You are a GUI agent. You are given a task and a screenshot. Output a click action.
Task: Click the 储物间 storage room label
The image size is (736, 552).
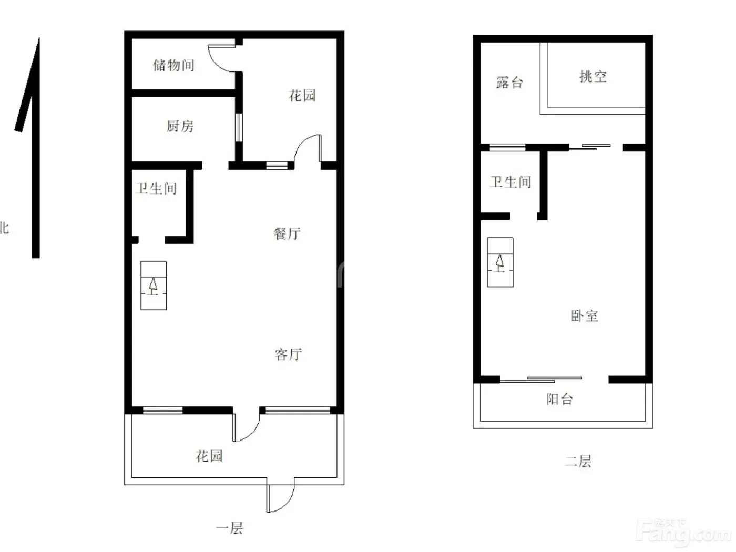pyautogui.click(x=173, y=65)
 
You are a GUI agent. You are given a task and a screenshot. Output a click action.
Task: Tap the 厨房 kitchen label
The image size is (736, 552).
pyautogui.click(x=180, y=126)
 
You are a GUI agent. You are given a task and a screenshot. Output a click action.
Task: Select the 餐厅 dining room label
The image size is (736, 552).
pyautogui.click(x=287, y=233)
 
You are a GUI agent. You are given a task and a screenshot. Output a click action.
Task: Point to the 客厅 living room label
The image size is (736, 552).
pyautogui.click(x=288, y=354)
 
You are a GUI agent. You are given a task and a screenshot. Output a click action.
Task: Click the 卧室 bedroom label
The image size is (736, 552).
pyautogui.click(x=585, y=316)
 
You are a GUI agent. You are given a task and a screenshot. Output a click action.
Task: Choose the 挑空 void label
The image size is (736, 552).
pyautogui.click(x=593, y=77)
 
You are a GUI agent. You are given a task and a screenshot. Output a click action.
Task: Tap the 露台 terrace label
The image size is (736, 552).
pyautogui.click(x=509, y=83)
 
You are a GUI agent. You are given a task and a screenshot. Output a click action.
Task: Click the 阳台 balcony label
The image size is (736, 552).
pyautogui.click(x=559, y=399)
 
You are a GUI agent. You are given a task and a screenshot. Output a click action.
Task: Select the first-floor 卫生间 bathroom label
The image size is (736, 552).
pyautogui.click(x=156, y=189)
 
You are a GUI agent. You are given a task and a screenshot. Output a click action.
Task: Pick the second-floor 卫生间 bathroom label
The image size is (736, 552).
pyautogui.click(x=510, y=182)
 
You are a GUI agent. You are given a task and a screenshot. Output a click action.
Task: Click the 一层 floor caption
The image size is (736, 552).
pyautogui.click(x=229, y=528)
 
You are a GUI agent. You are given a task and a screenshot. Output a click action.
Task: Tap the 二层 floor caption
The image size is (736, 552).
pyautogui.click(x=578, y=461)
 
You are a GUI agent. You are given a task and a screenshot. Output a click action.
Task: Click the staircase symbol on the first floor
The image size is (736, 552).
pyautogui.click(x=154, y=285)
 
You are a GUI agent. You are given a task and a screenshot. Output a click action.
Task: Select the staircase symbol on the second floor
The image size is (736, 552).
pyautogui.click(x=500, y=262)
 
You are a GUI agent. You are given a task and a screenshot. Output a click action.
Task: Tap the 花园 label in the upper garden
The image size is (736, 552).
pyautogui.click(x=302, y=96)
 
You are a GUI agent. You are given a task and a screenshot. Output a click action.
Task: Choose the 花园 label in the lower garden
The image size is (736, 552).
pyautogui.click(x=209, y=456)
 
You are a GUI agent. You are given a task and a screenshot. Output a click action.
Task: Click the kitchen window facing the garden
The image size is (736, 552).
pyautogui.click(x=238, y=128)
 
